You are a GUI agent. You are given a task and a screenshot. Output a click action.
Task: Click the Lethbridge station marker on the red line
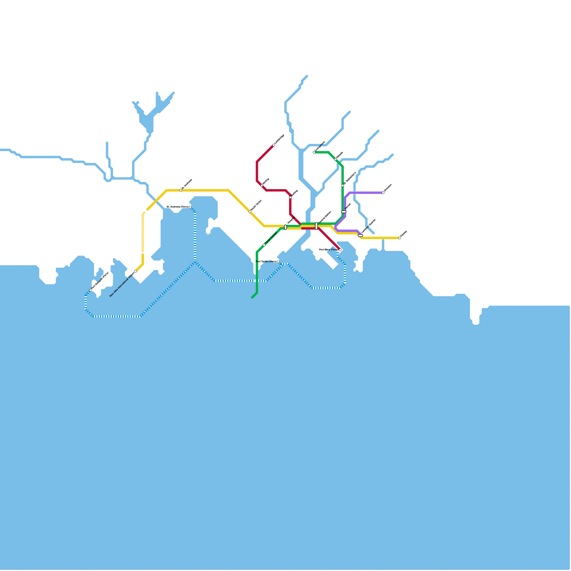point(274,145)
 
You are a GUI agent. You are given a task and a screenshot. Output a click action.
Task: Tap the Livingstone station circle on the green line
point(314,152)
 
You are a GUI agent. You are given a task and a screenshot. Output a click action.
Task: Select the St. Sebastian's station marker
point(343,186)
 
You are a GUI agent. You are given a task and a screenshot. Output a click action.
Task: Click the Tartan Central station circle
point(264,245)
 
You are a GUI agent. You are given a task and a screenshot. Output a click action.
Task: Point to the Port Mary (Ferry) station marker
point(340,250)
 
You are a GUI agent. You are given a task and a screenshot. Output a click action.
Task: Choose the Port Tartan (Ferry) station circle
point(278,262)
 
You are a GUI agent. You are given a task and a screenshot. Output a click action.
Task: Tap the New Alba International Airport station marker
point(136,271)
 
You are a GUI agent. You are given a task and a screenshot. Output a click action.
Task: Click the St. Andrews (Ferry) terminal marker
point(190,207)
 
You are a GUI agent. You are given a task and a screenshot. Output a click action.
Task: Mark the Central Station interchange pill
point(317,226)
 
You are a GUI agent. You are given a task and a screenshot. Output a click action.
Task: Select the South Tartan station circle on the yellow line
point(250,212)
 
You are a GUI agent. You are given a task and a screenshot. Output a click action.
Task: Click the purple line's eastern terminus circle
point(383,193)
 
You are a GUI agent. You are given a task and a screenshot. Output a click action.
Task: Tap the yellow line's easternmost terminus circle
point(400,238)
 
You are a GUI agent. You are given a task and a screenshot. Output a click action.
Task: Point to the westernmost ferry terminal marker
point(90,290)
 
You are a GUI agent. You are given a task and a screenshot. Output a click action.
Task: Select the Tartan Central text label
point(271,238)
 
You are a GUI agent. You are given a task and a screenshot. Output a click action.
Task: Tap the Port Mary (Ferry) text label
point(328,250)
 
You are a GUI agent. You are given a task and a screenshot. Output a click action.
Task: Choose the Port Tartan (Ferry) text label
point(266,262)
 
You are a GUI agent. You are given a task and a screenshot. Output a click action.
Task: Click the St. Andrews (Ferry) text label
point(177,207)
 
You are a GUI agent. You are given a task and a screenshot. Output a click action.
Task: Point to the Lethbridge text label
point(279,139)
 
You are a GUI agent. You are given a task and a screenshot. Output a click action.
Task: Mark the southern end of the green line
point(252,297)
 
